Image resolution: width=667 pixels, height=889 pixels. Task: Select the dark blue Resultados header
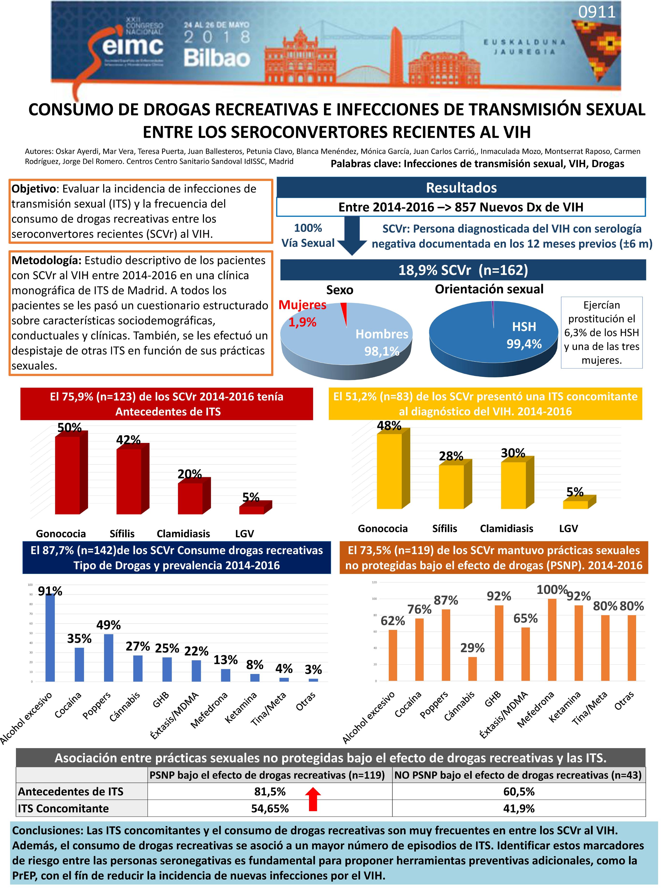[461, 188]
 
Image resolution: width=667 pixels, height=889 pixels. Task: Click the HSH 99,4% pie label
[524, 335]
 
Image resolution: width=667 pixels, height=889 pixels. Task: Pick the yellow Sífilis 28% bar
[451, 487]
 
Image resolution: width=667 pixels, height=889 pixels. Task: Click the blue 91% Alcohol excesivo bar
[50, 638]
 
